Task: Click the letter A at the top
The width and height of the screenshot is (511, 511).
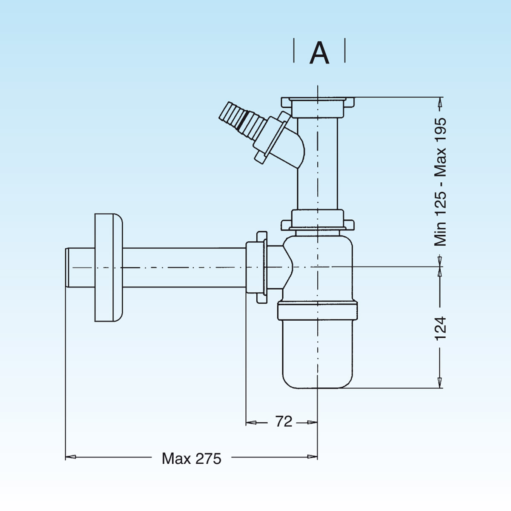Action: [319, 53]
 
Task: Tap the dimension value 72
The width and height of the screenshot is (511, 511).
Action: [284, 422]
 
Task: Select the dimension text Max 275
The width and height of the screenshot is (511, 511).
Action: [192, 458]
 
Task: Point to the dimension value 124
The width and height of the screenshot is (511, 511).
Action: [440, 327]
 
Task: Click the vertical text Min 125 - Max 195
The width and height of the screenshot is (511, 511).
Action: [440, 182]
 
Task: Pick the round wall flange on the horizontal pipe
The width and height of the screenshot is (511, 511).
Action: [108, 267]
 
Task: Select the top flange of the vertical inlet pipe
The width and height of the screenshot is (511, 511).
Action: [318, 102]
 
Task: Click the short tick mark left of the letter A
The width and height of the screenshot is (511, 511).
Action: [294, 51]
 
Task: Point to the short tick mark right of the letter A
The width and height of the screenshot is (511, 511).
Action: [344, 51]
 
